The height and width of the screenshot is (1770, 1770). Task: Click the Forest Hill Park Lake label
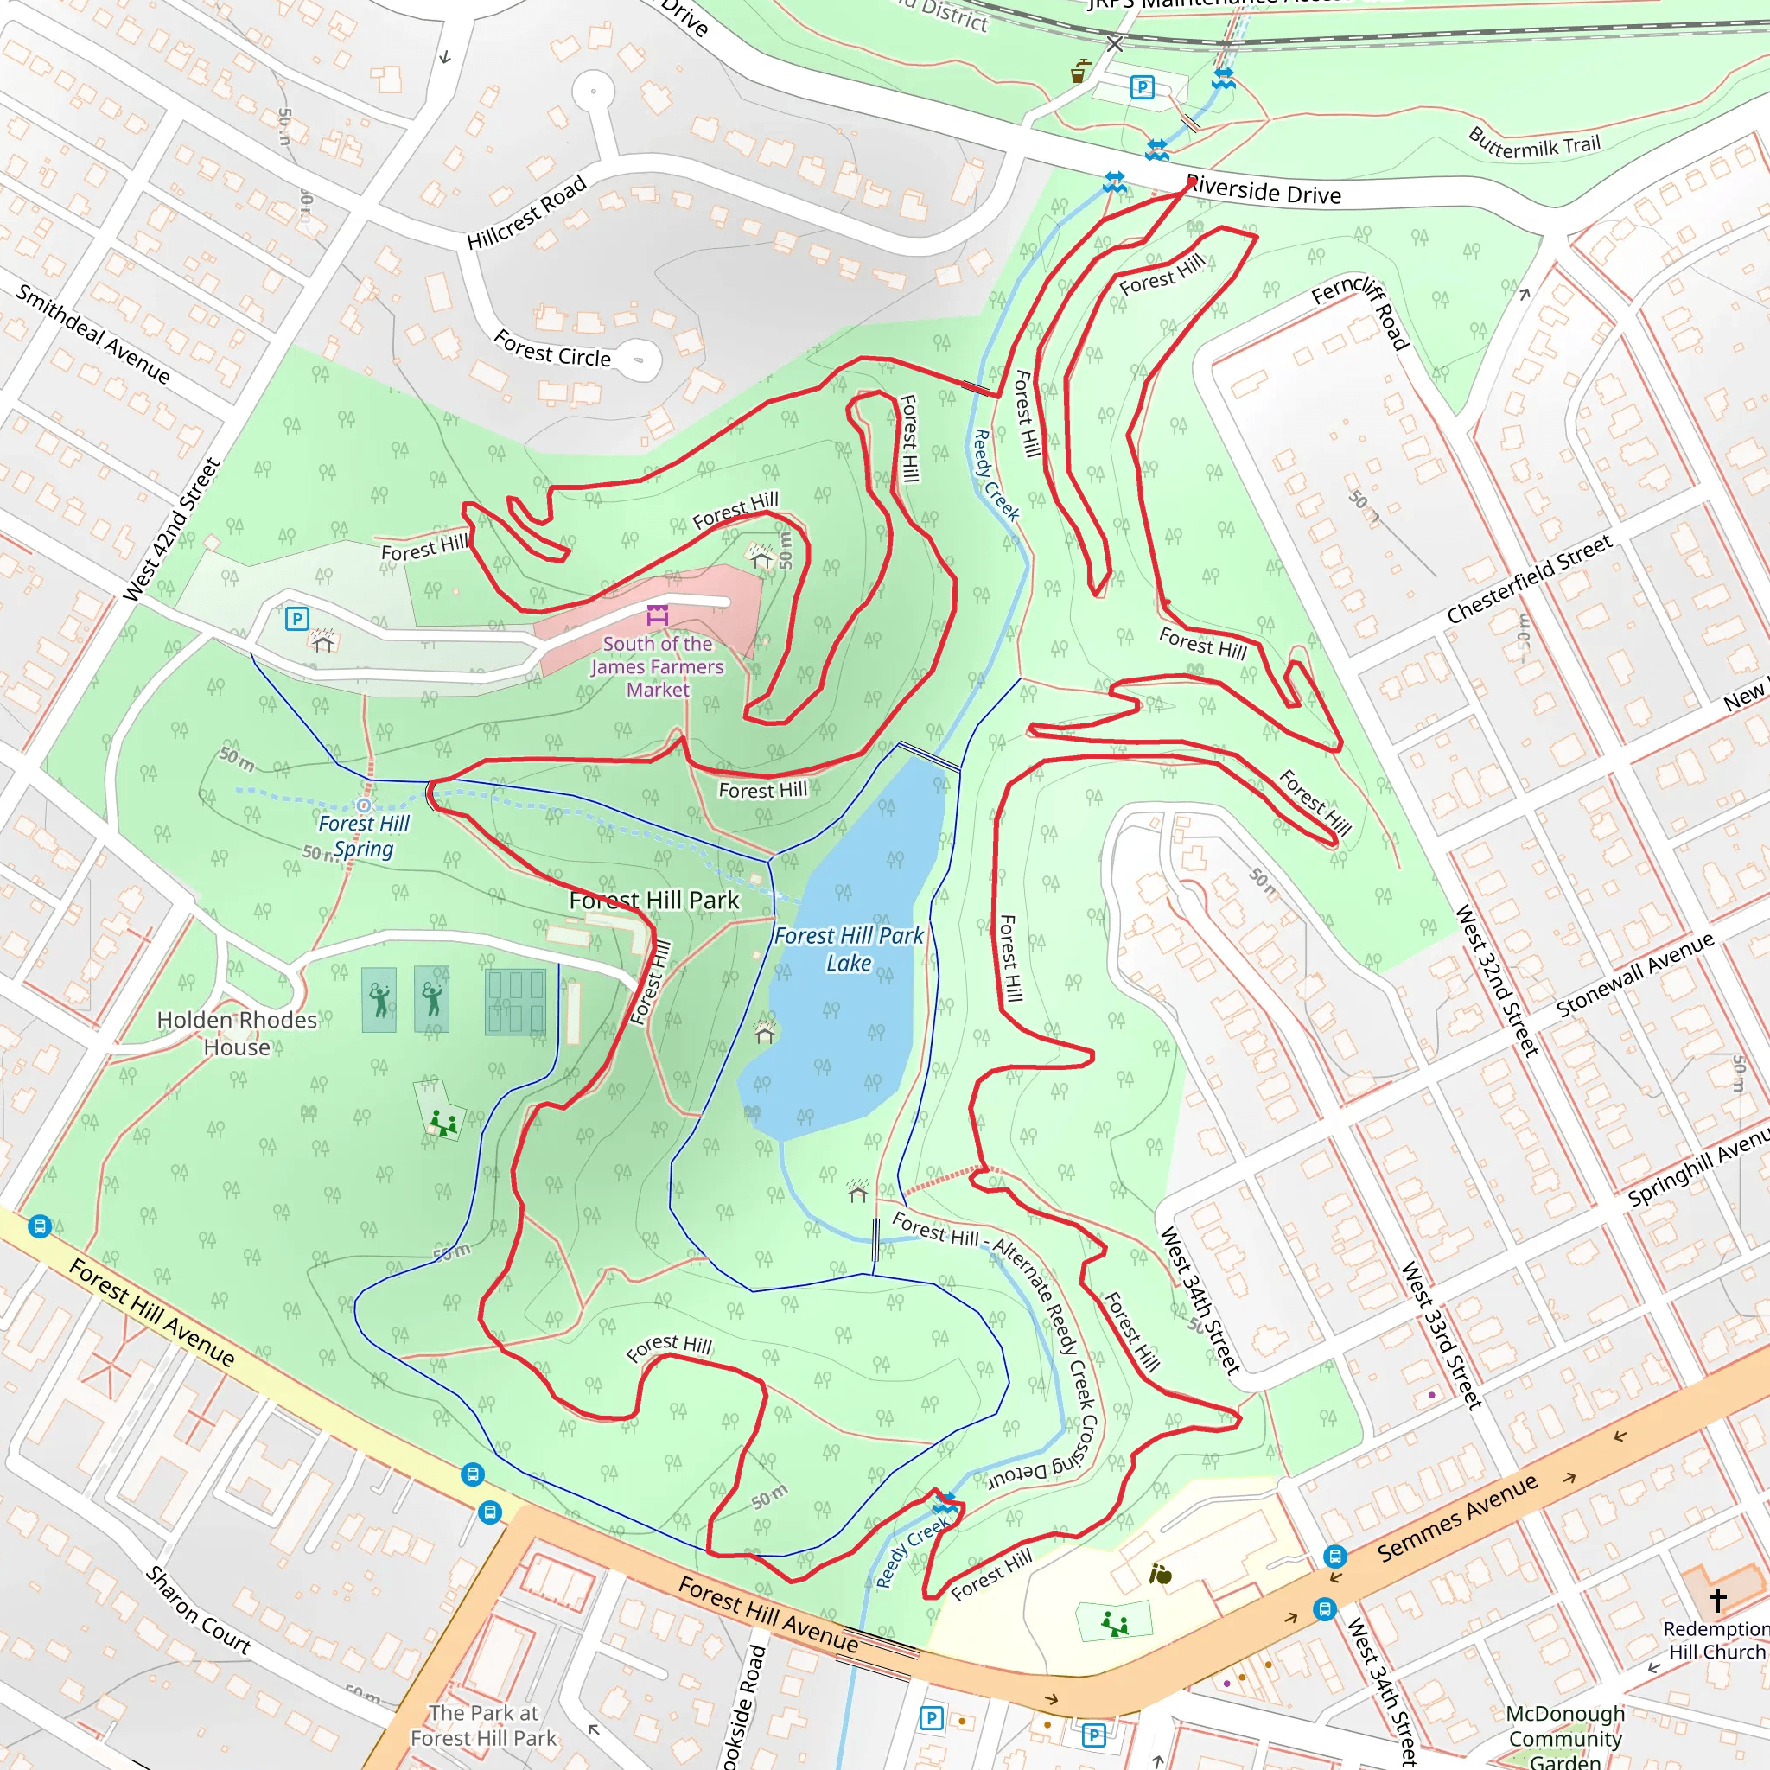tap(849, 949)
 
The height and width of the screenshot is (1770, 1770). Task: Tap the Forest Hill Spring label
tap(364, 836)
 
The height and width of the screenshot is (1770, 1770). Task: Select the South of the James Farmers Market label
tap(657, 667)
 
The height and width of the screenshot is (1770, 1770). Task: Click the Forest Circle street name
tap(551, 349)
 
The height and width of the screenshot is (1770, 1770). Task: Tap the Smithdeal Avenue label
tap(93, 334)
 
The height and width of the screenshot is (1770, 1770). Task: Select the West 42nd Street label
tap(172, 530)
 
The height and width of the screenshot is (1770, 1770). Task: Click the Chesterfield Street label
tap(1529, 579)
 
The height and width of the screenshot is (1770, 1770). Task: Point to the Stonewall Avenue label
tap(1634, 975)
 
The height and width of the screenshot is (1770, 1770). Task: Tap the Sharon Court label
tap(198, 1609)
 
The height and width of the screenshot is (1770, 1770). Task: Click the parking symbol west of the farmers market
tap(296, 619)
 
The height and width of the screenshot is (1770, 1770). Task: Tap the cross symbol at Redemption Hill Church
tap(1717, 1600)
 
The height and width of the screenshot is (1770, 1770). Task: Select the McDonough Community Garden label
tap(1565, 1737)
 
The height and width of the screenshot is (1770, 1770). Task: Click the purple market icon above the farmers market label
tap(658, 614)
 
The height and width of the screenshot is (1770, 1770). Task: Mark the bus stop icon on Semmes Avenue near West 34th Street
tap(1334, 1556)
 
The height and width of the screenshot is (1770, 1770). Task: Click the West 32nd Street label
tap(1497, 980)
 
